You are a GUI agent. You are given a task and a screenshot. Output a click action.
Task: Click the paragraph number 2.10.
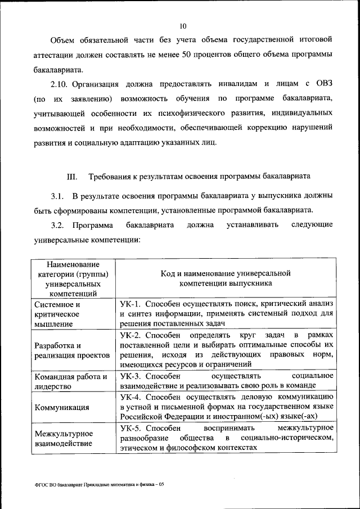[x=60, y=84]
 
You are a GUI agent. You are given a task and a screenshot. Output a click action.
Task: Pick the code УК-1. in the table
[x=133, y=304]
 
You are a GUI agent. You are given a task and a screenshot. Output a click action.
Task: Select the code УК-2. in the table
[x=133, y=335]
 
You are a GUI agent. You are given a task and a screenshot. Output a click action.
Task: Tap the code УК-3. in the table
[x=133, y=376]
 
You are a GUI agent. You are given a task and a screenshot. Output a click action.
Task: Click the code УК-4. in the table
[x=133, y=397]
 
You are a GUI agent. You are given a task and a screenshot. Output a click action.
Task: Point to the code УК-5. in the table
[x=133, y=427]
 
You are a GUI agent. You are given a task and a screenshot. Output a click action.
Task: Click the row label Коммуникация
[x=62, y=407]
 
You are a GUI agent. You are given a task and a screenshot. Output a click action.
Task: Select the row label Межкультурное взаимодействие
[x=64, y=438]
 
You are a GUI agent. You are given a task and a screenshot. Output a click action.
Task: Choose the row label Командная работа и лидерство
[x=70, y=381]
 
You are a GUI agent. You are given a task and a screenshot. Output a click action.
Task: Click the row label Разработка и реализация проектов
[x=67, y=350]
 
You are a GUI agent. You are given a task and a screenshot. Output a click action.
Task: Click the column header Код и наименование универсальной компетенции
[x=225, y=278]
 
